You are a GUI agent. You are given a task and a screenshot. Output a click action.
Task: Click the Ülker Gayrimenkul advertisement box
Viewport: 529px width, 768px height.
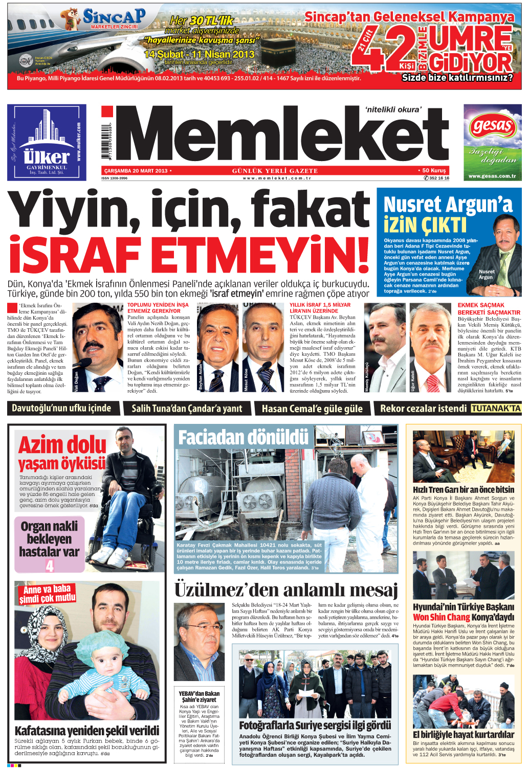click(x=47, y=142)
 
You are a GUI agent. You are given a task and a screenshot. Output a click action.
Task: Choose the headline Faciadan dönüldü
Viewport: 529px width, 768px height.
click(x=243, y=437)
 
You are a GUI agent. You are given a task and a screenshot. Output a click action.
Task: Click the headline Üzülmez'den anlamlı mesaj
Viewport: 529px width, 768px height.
click(x=286, y=590)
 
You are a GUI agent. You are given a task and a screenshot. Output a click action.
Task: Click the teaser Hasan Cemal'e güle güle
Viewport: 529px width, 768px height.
click(x=312, y=409)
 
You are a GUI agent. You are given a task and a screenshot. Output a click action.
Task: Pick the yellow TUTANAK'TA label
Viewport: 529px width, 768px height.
click(x=495, y=408)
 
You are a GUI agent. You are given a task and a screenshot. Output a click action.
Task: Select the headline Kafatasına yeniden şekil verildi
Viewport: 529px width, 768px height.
click(x=87, y=730)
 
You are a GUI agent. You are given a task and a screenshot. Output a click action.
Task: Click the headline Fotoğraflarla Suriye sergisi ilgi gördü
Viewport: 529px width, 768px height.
click(x=315, y=725)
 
